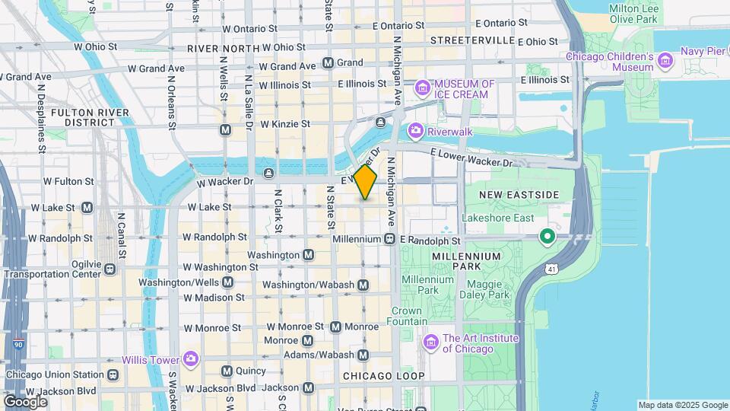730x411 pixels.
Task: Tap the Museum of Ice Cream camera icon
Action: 422,90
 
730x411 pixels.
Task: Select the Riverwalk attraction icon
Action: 415,131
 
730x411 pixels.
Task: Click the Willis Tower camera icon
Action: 190,359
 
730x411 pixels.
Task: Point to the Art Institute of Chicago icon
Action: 431,344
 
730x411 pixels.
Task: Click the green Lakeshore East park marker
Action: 546,238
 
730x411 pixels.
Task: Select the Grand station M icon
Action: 328,62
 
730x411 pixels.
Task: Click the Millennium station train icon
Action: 389,239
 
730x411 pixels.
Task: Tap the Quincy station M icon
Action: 226,371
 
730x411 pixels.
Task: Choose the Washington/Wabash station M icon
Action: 363,285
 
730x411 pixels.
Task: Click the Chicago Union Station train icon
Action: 113,374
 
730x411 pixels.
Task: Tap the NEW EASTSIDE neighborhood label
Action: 514,196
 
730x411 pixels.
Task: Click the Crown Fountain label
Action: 408,316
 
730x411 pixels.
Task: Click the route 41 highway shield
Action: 551,269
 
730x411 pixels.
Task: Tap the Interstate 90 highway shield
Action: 17,346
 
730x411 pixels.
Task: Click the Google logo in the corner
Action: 25,401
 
